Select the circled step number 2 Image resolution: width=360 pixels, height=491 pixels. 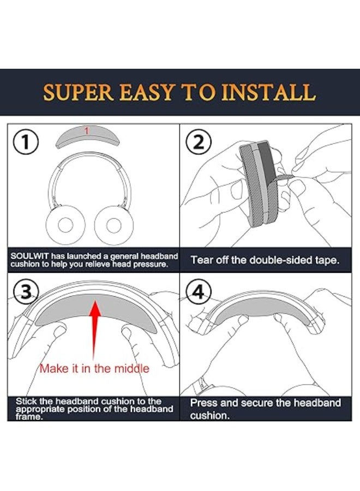click(x=197, y=143)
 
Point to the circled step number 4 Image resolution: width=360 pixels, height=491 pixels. click(x=198, y=292)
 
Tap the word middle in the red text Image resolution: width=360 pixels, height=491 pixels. click(x=129, y=369)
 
